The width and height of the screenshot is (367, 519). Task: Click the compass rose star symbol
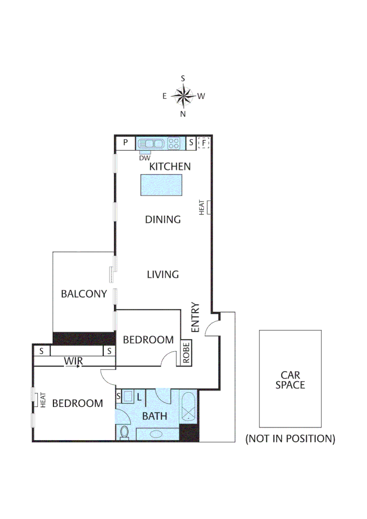(x=183, y=96)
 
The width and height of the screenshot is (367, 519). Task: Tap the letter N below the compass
(x=183, y=114)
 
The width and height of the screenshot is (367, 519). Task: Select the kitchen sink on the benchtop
(x=151, y=143)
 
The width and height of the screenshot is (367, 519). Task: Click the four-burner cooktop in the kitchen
(x=173, y=143)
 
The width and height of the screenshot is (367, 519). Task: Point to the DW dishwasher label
(x=144, y=158)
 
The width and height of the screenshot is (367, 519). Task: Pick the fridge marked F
(x=204, y=143)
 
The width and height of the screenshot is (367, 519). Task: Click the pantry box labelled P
(x=125, y=143)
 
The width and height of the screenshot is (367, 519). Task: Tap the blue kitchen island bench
(x=161, y=185)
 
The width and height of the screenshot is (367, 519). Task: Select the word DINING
(x=163, y=220)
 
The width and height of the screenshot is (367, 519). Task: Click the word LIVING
(x=163, y=274)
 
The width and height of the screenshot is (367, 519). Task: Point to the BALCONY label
(x=84, y=294)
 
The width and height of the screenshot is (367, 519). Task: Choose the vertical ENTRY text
(x=195, y=317)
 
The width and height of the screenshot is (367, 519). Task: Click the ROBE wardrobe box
(x=186, y=353)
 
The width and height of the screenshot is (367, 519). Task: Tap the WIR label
(x=73, y=361)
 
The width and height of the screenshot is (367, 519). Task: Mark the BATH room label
(x=155, y=416)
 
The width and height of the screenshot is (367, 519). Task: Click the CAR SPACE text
(x=290, y=380)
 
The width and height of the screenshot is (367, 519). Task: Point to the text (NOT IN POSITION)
(x=290, y=438)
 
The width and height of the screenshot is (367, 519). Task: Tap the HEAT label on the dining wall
(x=203, y=207)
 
